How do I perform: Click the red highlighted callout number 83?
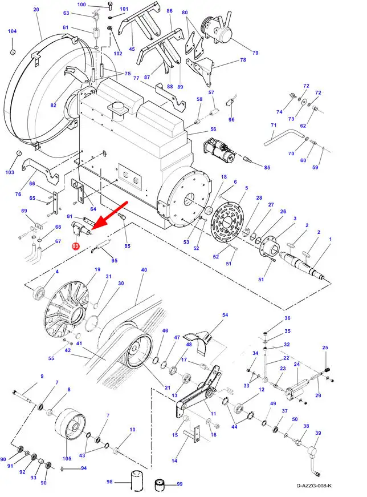pyautogui.click(x=75, y=246)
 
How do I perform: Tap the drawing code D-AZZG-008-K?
pyautogui.click(x=314, y=486)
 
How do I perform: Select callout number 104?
pyautogui.click(x=13, y=31)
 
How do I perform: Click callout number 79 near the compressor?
pyautogui.click(x=255, y=52)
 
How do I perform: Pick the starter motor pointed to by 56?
pyautogui.click(x=219, y=150)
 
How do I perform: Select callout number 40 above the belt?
pyautogui.click(x=144, y=270)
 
